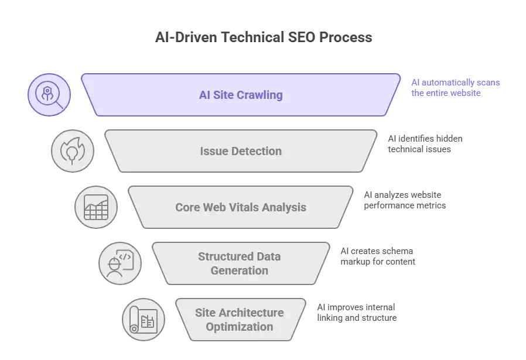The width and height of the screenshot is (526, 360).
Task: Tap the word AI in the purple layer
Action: [205, 95]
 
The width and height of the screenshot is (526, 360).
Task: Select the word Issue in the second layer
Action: [213, 151]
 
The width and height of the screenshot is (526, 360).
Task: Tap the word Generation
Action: [240, 270]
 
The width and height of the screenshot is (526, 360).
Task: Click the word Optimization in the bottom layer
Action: [239, 326]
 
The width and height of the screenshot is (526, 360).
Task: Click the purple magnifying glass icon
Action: [49, 94]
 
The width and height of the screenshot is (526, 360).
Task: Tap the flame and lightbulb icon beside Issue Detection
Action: [73, 150]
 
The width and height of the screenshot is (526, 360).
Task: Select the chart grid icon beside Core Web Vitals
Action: [95, 207]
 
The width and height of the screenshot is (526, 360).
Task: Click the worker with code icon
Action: [119, 263]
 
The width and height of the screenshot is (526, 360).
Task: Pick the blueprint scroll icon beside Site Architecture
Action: [143, 319]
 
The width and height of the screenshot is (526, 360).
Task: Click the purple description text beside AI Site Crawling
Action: [455, 88]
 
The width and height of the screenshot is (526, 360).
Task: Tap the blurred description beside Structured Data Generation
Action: [377, 256]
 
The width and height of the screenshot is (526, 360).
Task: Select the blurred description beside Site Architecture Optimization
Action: [356, 312]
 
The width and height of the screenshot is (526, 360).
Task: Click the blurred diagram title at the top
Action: [263, 37]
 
